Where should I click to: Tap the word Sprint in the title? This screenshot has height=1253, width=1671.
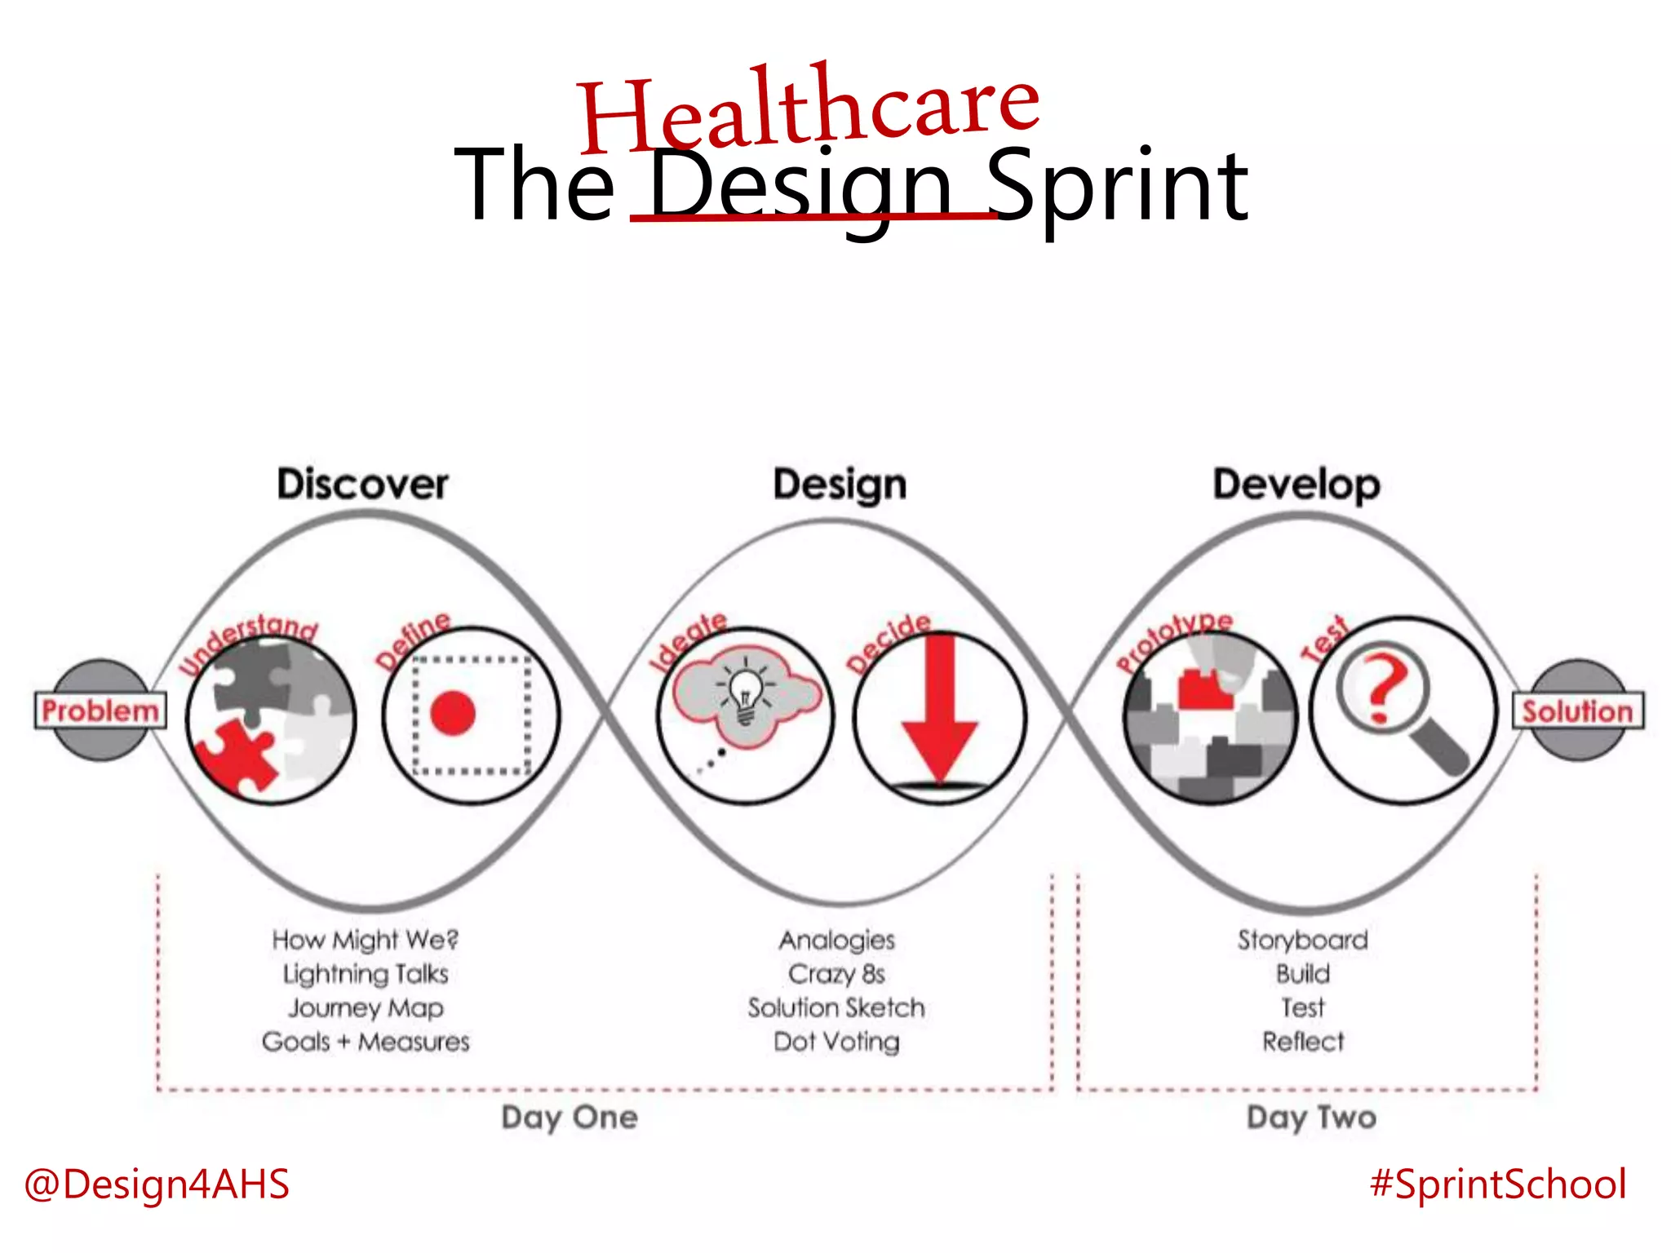(1118, 186)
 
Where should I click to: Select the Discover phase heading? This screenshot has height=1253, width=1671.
(362, 485)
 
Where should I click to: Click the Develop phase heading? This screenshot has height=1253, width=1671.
(1296, 485)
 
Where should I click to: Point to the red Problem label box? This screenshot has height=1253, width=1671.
(100, 711)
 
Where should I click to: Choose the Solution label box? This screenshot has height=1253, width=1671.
(1578, 711)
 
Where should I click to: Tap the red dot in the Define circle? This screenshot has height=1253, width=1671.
(453, 713)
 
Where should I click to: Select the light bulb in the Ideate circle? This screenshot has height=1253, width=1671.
(746, 696)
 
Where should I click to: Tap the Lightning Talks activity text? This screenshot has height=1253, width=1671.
(366, 974)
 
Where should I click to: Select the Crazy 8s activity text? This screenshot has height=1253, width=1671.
(836, 974)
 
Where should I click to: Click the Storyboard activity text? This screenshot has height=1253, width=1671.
(1302, 940)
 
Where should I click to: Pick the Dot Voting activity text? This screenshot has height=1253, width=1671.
(836, 1042)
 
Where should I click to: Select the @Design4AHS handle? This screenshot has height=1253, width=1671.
(157, 1184)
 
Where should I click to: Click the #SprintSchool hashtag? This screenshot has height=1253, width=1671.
(1498, 1184)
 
